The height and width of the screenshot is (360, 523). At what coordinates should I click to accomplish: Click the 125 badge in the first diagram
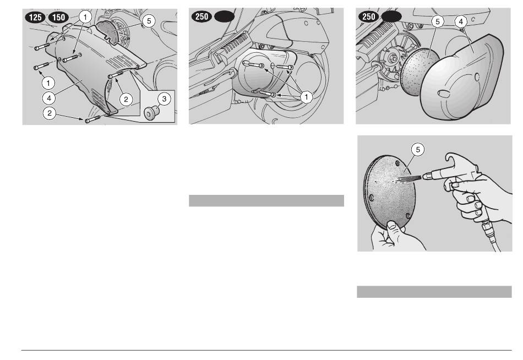pyautogui.click(x=35, y=18)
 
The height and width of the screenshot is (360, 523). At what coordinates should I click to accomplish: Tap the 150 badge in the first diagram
pyautogui.click(x=59, y=18)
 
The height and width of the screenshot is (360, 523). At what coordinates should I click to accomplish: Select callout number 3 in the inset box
pyautogui.click(x=164, y=99)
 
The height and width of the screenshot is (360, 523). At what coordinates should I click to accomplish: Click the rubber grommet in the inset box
pyautogui.click(x=150, y=112)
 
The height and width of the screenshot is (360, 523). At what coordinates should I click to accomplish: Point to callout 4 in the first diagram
pyautogui.click(x=49, y=98)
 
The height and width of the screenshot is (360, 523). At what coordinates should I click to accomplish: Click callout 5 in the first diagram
pyautogui.click(x=149, y=21)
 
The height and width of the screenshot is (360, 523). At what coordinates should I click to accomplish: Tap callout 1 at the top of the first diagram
pyautogui.click(x=85, y=17)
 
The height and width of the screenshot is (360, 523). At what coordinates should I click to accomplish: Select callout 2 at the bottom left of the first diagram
pyautogui.click(x=50, y=113)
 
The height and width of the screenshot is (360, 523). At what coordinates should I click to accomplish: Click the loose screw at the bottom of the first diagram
pyautogui.click(x=92, y=119)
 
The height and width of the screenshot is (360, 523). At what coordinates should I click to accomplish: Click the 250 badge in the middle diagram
pyautogui.click(x=201, y=17)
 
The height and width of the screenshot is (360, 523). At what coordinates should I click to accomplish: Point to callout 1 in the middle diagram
pyautogui.click(x=306, y=97)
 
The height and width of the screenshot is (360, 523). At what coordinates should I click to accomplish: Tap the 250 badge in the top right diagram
pyautogui.click(x=368, y=17)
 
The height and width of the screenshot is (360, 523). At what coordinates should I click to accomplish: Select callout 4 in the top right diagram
pyautogui.click(x=461, y=22)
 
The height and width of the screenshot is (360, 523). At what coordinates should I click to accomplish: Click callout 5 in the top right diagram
pyautogui.click(x=438, y=22)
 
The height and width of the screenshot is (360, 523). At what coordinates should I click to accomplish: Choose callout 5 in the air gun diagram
pyautogui.click(x=418, y=149)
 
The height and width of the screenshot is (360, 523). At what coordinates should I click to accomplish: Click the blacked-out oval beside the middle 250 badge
pyautogui.click(x=224, y=17)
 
